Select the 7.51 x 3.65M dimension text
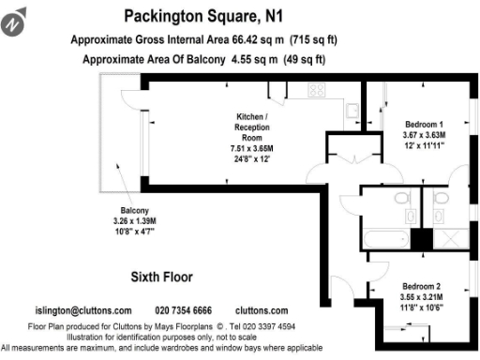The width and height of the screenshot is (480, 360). (x=252, y=148)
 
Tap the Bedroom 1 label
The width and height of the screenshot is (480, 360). (x=424, y=125)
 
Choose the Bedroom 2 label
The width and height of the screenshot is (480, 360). (x=421, y=286)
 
